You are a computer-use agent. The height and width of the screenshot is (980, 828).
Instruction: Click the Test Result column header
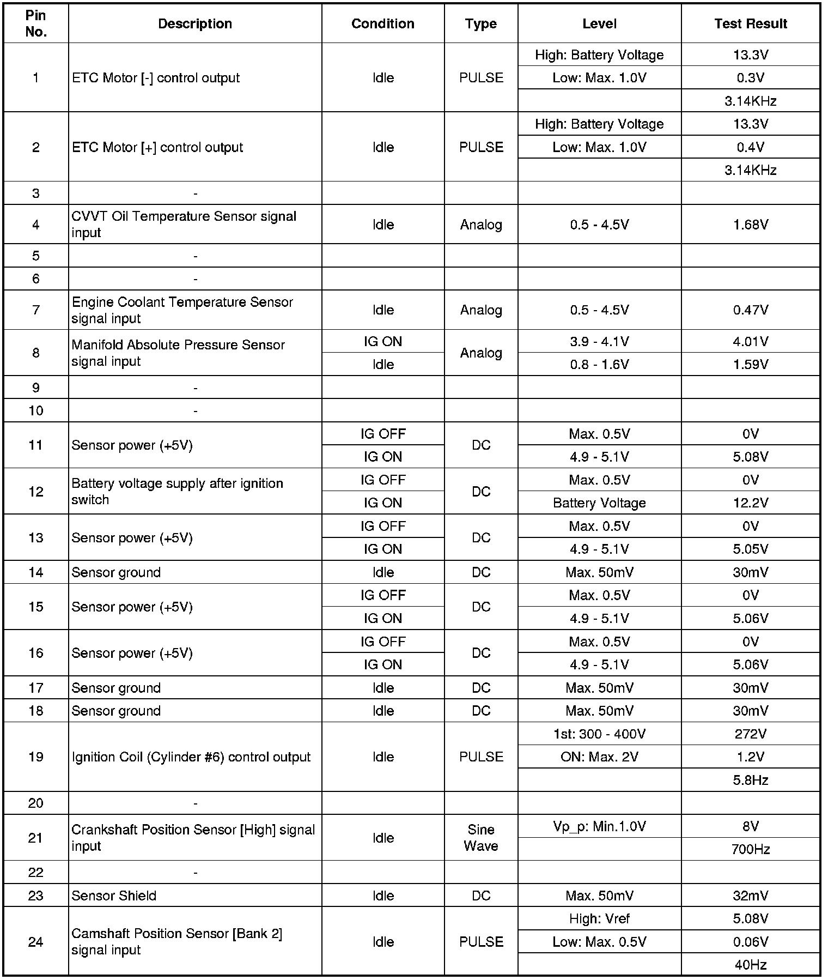pyautogui.click(x=750, y=24)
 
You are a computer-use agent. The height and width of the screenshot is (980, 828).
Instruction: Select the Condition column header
pyautogui.click(x=382, y=24)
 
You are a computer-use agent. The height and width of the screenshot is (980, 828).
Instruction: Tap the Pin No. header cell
pyautogui.click(x=36, y=24)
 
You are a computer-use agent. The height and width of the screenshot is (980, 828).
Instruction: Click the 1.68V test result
pyautogui.click(x=750, y=225)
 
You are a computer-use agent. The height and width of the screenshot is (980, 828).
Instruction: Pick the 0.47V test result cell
pyautogui.click(x=750, y=310)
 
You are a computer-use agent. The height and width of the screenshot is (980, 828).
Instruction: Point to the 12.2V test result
pyautogui.click(x=750, y=503)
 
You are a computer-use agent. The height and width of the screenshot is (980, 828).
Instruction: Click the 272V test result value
pyautogui.click(x=750, y=734)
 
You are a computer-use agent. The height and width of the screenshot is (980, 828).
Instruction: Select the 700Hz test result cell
pyautogui.click(x=750, y=849)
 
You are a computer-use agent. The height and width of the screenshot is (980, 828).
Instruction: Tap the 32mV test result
pyautogui.click(x=750, y=896)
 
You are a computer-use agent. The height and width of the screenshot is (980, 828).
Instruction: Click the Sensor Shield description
pyautogui.click(x=114, y=896)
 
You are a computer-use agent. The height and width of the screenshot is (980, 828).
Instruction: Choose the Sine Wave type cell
pyautogui.click(x=480, y=838)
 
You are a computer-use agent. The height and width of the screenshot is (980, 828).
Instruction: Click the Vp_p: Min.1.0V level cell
pyautogui.click(x=599, y=826)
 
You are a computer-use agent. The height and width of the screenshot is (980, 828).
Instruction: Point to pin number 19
pyautogui.click(x=36, y=757)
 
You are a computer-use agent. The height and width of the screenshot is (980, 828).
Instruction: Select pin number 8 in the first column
pyautogui.click(x=36, y=353)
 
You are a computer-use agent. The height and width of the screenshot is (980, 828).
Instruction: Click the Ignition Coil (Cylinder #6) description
pyautogui.click(x=191, y=757)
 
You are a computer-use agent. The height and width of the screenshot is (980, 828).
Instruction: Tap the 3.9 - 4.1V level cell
pyautogui.click(x=599, y=342)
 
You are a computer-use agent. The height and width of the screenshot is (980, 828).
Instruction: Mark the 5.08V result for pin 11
pyautogui.click(x=750, y=457)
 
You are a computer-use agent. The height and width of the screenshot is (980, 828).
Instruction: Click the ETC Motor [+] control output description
pyautogui.click(x=157, y=147)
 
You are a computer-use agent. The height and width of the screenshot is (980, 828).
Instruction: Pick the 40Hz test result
pyautogui.click(x=750, y=965)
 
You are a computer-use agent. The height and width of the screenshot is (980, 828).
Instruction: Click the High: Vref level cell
pyautogui.click(x=599, y=919)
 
